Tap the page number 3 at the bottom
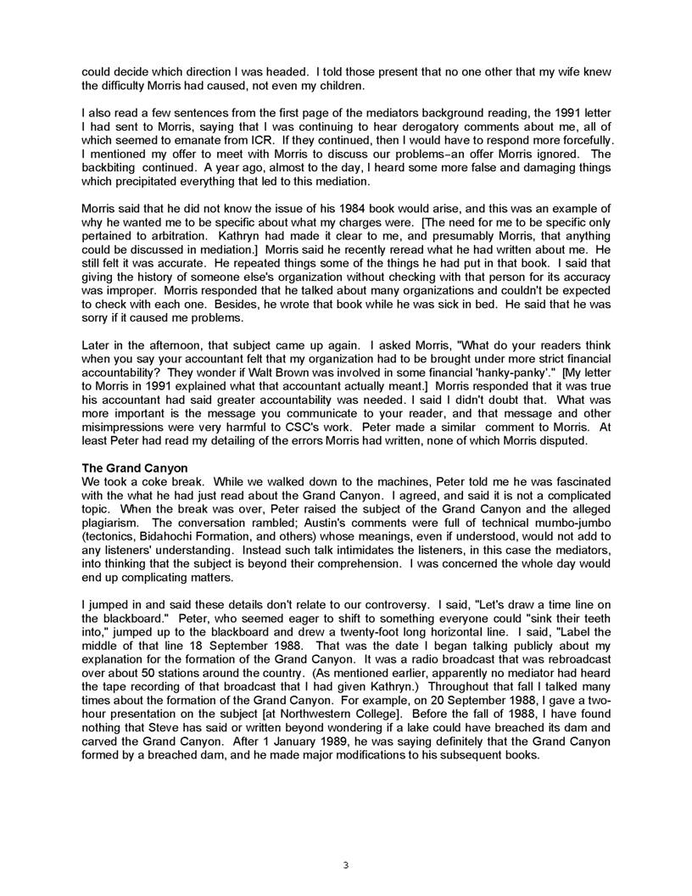point(345,865)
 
